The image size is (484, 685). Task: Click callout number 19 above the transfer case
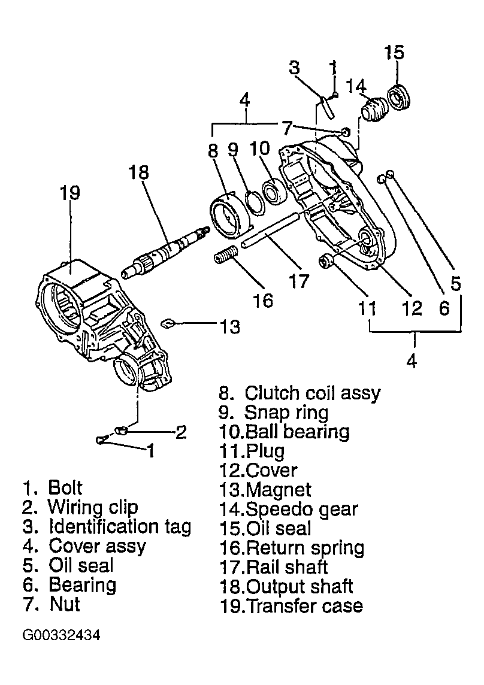[x=71, y=193]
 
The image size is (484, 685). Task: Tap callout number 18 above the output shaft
[x=138, y=172]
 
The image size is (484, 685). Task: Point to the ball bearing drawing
[x=274, y=192]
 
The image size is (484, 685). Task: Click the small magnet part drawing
[x=168, y=323]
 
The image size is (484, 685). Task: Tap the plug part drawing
[x=326, y=261]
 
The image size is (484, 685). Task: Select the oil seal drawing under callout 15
[x=399, y=98]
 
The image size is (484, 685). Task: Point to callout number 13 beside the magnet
[x=230, y=327]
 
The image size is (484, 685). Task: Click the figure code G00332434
[x=61, y=635]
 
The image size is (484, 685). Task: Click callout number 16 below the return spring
[x=263, y=301]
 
